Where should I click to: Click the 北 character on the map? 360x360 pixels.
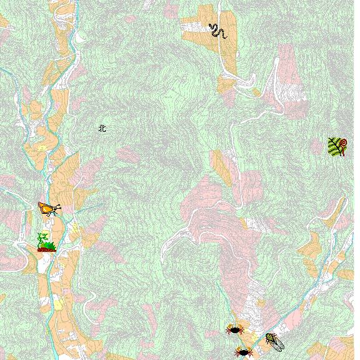point(102,128)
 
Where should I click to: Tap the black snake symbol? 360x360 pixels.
point(217,31)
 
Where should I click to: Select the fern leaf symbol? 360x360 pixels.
point(337,147)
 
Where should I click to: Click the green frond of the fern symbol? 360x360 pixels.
point(334,148)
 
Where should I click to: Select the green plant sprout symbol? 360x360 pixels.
point(46,242)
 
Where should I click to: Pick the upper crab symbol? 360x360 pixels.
point(235,329)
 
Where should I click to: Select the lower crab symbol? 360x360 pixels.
point(242,352)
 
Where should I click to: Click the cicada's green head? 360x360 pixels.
point(269,336)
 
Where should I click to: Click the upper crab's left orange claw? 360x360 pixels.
point(229,327)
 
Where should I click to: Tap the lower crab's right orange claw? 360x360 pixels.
point(249,351)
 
